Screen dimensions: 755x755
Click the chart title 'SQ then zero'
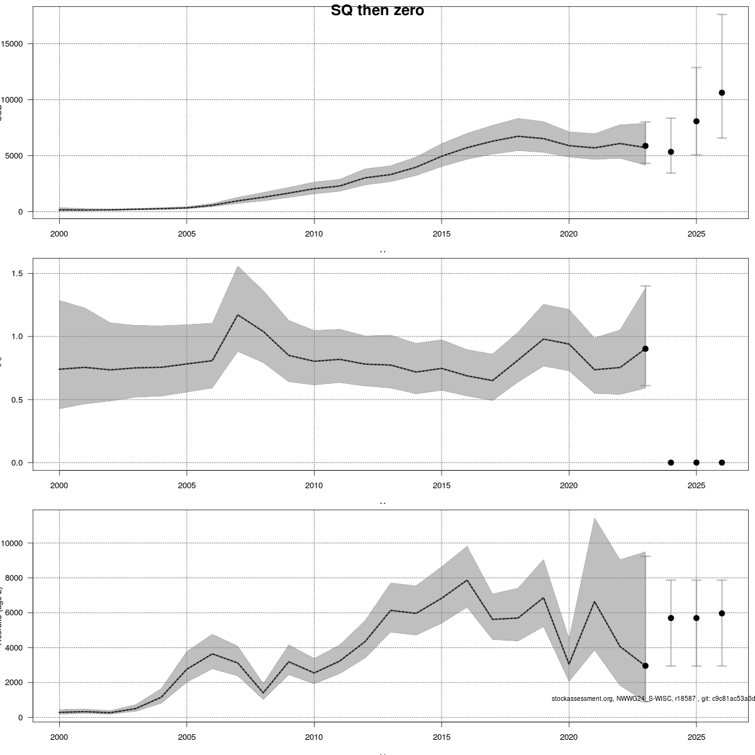377,11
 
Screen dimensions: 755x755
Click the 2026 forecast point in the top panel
722,92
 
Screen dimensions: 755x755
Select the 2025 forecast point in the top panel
696,121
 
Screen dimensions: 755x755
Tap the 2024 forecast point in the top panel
671,152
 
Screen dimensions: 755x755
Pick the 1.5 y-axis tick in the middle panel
17,274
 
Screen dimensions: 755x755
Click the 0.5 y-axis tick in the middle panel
17,400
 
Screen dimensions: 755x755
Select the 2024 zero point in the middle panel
671,462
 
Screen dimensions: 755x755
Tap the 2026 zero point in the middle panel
722,462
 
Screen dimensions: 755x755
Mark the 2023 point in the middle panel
646,349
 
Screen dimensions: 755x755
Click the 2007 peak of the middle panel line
237,315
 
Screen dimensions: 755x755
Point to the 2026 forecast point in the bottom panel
722,613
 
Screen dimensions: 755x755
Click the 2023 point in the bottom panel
646,666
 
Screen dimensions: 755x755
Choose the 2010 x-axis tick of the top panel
314,234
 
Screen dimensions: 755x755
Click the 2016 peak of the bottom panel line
467,580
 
